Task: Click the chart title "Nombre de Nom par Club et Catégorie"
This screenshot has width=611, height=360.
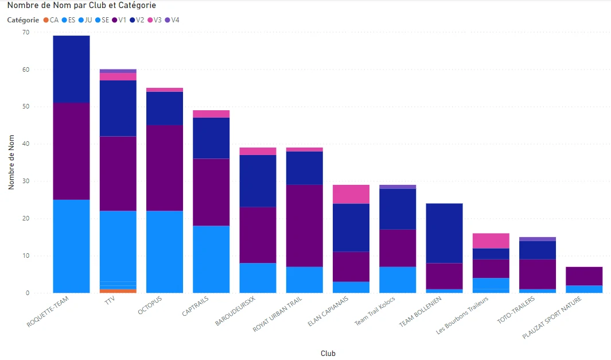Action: pyautogui.click(x=81, y=6)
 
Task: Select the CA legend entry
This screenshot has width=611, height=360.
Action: pyautogui.click(x=51, y=20)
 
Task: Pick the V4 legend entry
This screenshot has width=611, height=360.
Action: pyautogui.click(x=172, y=20)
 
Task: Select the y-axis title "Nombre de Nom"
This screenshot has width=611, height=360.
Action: pyautogui.click(x=11, y=162)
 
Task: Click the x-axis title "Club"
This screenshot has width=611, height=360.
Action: pyautogui.click(x=328, y=354)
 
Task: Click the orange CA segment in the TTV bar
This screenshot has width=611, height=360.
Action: pyautogui.click(x=118, y=291)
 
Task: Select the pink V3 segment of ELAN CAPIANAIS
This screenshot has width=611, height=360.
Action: pyautogui.click(x=351, y=194)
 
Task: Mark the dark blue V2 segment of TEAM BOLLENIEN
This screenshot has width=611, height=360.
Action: pyautogui.click(x=444, y=233)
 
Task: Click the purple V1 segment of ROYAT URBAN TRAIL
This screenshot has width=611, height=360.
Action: pyautogui.click(x=304, y=226)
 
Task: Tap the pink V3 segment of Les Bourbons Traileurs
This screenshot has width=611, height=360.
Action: pyautogui.click(x=491, y=241)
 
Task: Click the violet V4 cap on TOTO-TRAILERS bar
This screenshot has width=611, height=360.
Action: pyautogui.click(x=537, y=239)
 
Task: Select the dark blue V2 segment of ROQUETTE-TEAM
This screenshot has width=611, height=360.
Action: pyautogui.click(x=71, y=69)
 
